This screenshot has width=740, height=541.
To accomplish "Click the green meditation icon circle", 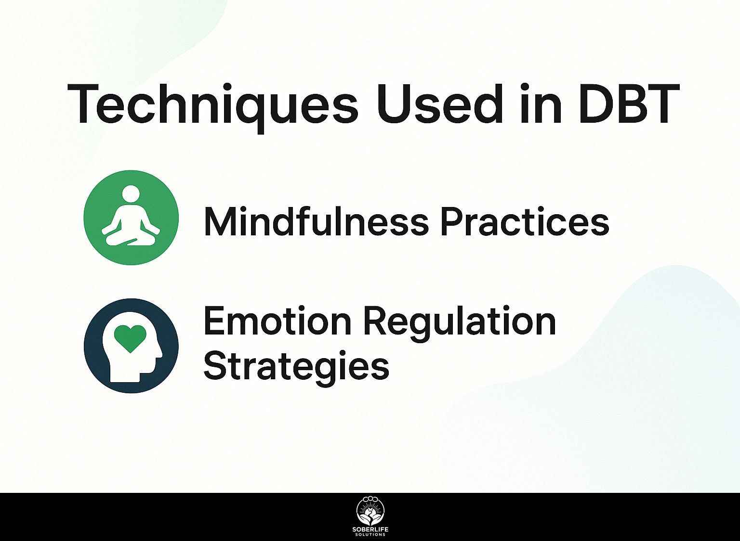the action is coord(131,218).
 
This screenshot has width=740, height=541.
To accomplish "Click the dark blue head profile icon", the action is coord(131,346).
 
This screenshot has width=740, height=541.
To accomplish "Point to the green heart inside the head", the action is coord(130,338).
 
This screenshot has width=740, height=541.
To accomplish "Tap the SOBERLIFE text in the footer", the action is coord(370,529).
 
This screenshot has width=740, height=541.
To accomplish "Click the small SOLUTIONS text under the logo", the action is coord(370,534).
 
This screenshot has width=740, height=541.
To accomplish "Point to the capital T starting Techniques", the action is coord(85,104).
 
